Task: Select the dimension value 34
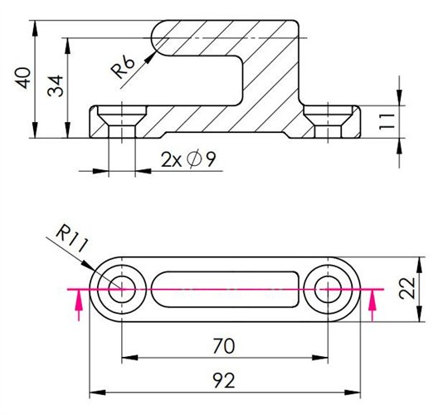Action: pos(56,86)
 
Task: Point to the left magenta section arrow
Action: pos(79,307)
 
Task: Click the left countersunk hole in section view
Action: pos(122,120)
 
